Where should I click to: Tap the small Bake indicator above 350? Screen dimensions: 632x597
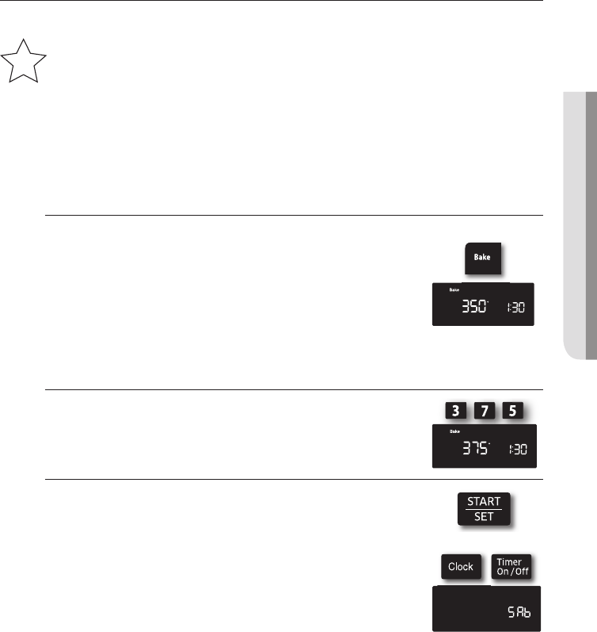pos(454,289)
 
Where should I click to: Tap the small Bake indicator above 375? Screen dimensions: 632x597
pos(454,431)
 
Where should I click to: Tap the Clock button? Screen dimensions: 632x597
pos(460,566)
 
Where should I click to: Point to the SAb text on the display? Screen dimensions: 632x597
pos(519,611)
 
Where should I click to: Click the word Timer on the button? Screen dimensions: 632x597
pos(508,561)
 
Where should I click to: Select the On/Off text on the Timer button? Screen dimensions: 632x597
pos(508,572)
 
